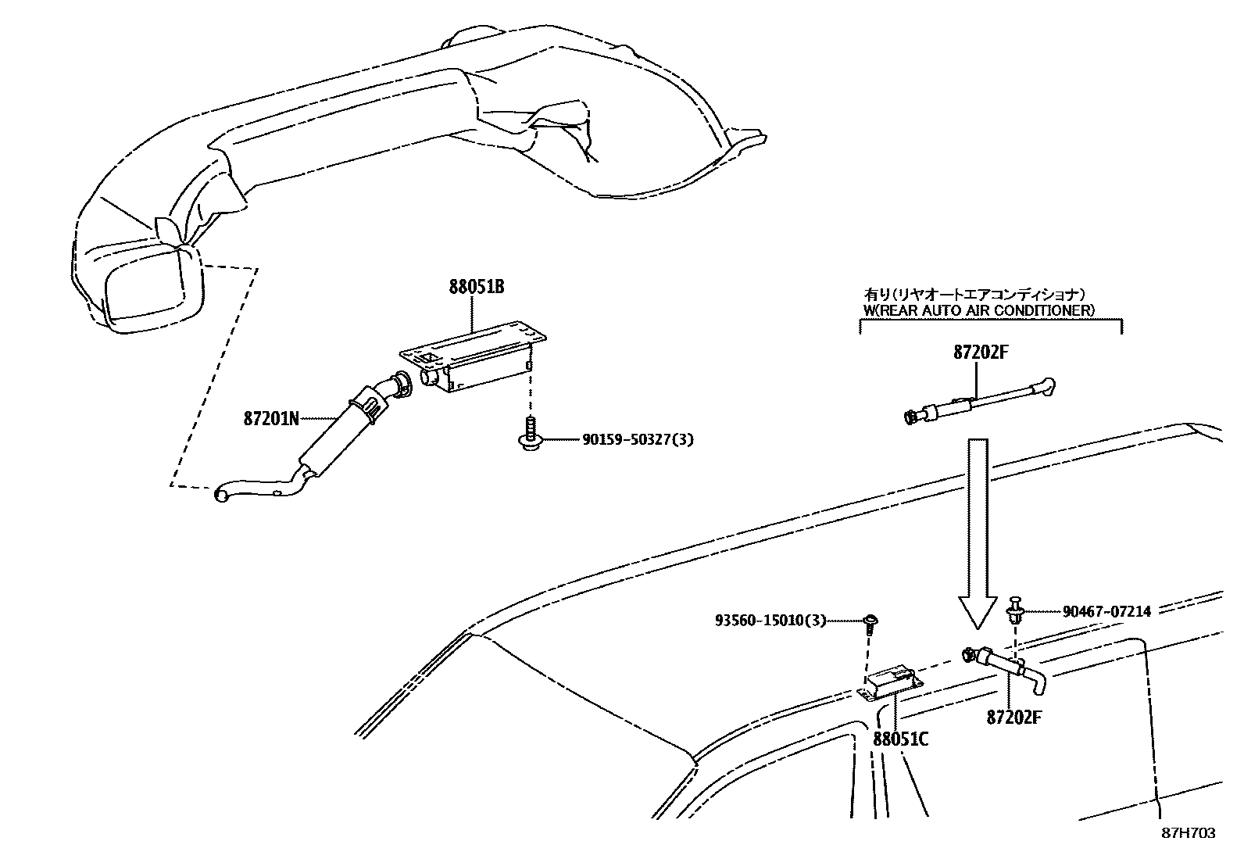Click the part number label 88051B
click(x=476, y=287)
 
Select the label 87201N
click(x=271, y=418)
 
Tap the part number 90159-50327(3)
click(x=638, y=440)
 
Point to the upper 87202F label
click(x=981, y=353)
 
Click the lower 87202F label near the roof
click(x=1014, y=717)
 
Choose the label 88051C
click(x=900, y=739)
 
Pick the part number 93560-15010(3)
click(x=770, y=621)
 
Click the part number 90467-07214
click(x=1106, y=611)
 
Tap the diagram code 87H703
click(x=1188, y=833)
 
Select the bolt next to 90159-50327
click(x=529, y=433)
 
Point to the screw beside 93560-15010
click(x=869, y=622)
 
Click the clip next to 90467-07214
click(x=1015, y=609)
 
